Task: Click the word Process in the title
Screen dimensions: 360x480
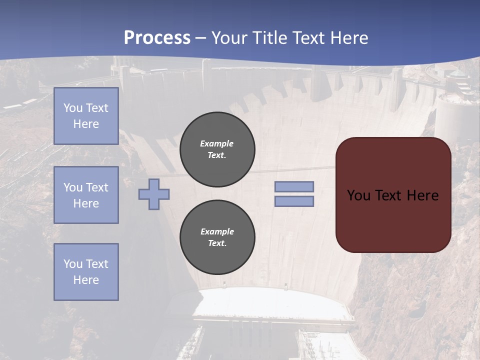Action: coord(157,38)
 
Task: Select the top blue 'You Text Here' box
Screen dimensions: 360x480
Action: coord(86,116)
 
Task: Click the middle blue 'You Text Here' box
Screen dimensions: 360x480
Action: coord(86,195)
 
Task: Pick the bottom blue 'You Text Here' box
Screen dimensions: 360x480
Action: coord(86,272)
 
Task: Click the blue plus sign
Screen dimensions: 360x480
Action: coord(154,194)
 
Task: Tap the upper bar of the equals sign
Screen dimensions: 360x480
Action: coord(294,186)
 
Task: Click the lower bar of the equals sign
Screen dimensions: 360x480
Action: coord(294,201)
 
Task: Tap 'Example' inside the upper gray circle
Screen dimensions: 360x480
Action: coord(217,143)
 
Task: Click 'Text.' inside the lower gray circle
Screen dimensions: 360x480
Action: coord(217,243)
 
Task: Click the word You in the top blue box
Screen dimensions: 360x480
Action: coord(73,108)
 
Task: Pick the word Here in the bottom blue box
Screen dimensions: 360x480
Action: coord(86,280)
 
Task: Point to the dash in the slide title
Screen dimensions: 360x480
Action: coord(201,38)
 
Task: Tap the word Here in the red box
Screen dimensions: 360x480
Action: coord(422,195)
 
